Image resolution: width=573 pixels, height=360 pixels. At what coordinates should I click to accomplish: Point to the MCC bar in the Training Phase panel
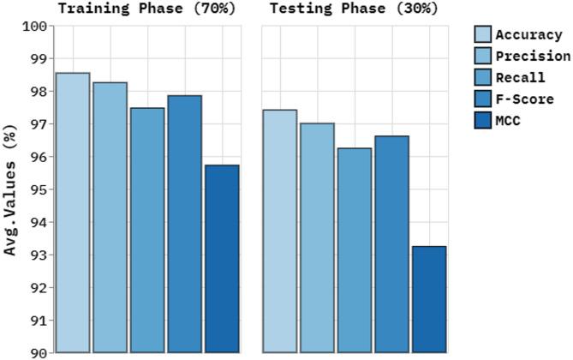(222, 258)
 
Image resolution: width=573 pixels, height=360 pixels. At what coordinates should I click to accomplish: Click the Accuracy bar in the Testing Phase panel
(280, 231)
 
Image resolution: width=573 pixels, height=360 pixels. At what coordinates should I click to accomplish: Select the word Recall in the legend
(521, 78)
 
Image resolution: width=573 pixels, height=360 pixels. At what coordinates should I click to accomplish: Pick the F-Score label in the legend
(524, 99)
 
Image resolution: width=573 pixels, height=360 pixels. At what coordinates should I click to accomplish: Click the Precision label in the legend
(533, 57)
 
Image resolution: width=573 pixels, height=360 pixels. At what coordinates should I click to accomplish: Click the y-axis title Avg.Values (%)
(11, 192)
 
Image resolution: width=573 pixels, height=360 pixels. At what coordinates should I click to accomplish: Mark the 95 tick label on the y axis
(37, 189)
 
